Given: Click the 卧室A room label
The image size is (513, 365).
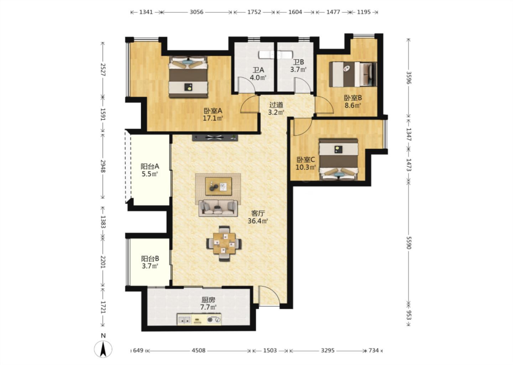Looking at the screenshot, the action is (x=213, y=111).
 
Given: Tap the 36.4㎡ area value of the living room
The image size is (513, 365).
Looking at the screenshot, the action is (x=258, y=221).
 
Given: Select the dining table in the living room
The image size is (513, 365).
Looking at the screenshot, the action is (x=224, y=243).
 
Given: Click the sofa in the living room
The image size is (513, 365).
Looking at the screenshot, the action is (x=218, y=208).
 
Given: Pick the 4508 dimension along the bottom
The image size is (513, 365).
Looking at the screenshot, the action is (x=198, y=350).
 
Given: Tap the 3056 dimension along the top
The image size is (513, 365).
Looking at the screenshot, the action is (x=196, y=12).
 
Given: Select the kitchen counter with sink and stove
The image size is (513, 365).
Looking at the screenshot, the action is (x=199, y=319).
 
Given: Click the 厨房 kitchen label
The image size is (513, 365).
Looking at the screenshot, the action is (x=208, y=300).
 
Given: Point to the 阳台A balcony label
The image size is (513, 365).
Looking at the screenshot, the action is (x=150, y=166).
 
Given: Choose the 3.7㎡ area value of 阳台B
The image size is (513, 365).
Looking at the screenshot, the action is (x=150, y=266).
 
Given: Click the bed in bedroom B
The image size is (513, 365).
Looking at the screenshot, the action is (x=353, y=74).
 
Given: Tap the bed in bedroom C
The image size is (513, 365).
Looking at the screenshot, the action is (x=338, y=159).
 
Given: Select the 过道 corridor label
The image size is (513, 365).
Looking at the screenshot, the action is (x=276, y=105).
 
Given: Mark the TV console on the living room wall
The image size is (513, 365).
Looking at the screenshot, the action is (x=215, y=138).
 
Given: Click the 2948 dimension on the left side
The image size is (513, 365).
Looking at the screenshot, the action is (x=103, y=166).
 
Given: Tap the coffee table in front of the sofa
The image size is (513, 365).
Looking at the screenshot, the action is (x=218, y=186).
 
